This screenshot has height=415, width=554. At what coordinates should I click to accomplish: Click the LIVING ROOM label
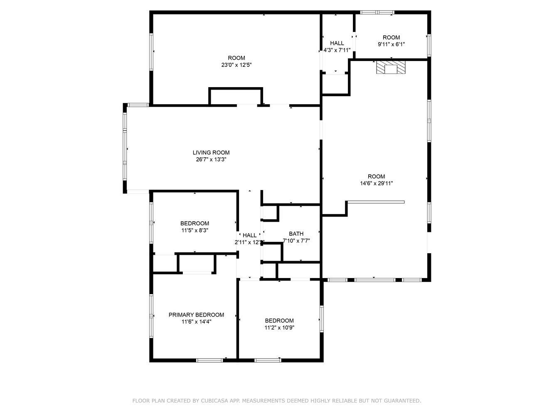(211, 152)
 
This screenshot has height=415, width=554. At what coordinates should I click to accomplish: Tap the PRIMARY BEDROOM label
(196, 315)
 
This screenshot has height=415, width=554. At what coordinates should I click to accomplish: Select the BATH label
(296, 234)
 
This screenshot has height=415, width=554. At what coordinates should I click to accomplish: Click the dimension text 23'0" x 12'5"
(236, 65)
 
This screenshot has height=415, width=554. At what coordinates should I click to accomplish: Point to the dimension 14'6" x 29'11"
(376, 183)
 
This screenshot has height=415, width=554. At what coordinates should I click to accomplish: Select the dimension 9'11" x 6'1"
(391, 44)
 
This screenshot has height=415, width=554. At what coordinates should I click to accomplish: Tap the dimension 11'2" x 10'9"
(279, 327)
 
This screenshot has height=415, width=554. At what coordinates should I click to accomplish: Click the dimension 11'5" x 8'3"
(195, 230)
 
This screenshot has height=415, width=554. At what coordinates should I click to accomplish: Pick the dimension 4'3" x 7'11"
(337, 50)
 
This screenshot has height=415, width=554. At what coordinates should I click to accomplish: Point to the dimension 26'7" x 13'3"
(211, 159)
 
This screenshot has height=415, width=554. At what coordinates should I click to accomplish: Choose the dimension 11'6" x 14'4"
(196, 322)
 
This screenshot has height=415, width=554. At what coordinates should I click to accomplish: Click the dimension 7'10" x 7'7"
(296, 241)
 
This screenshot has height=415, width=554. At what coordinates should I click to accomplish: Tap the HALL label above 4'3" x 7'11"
(337, 43)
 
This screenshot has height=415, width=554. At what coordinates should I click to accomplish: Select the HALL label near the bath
(250, 235)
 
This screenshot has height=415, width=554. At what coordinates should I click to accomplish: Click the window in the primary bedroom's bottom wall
(209, 360)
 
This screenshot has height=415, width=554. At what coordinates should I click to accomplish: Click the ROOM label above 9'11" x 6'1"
(391, 37)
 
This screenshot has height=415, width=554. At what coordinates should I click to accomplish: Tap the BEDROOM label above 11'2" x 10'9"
(279, 320)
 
